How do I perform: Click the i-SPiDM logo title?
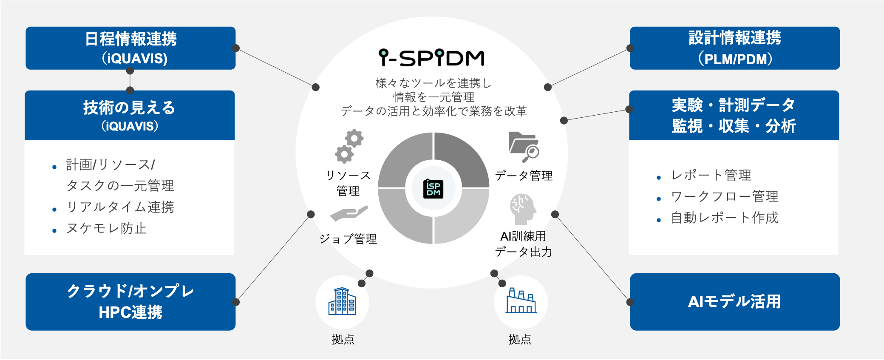coord(431,58)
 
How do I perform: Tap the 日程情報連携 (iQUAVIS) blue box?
coord(130,48)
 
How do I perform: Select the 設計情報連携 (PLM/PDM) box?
coord(734,48)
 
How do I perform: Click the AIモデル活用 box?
coord(734,302)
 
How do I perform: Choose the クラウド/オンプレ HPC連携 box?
coord(130,302)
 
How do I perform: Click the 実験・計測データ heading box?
coord(734,115)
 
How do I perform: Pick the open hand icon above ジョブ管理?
coord(348,213)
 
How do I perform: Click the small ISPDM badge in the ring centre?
coord(433,189)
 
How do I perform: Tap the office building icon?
coord(342,302)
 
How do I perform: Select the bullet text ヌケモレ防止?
coord(106,229)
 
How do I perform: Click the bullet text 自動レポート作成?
coord(725,218)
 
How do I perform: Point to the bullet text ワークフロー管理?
coord(725,197)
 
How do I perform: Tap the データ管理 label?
coord(524,176)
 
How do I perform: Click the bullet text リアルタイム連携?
coord(120,207)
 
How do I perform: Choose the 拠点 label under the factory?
coord(520,339)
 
